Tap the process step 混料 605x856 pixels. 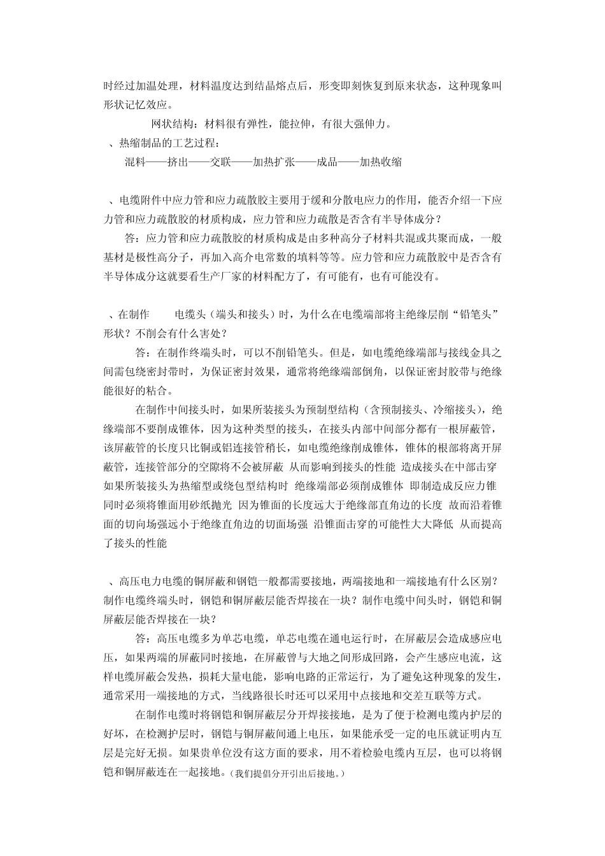pyautogui.click(x=135, y=162)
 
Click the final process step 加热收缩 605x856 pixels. pyautogui.click(x=381, y=162)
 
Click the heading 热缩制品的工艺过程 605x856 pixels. pyautogui.click(x=167, y=143)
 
